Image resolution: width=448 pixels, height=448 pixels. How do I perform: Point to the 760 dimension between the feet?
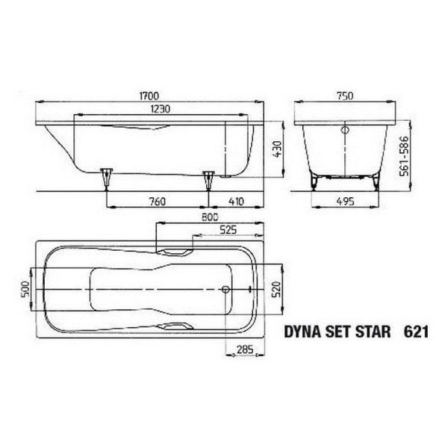pos(157,199)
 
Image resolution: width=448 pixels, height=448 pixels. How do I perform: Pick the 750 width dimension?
pos(344,96)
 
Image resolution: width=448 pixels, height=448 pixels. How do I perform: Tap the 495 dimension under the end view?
pos(343,199)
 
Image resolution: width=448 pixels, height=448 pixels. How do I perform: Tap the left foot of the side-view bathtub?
pos(107,177)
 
